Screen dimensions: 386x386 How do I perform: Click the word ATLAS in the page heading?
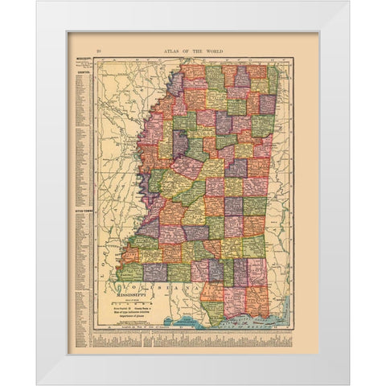point(167,52)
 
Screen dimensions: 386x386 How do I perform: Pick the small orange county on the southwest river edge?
point(131,255)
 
